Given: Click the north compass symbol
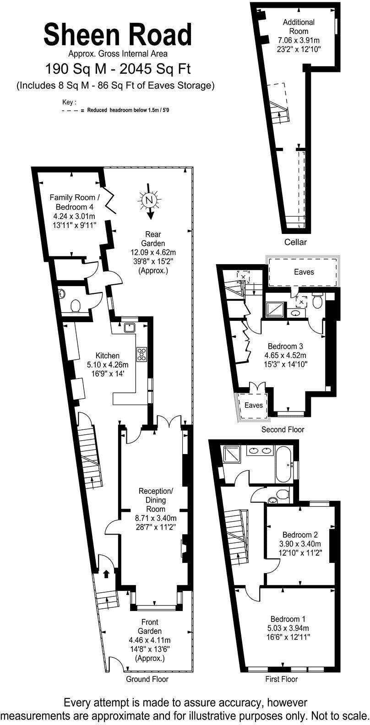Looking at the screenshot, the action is tap(149, 200).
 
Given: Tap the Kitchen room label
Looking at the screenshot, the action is tap(108, 355).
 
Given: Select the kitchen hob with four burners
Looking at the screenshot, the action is tap(142, 354).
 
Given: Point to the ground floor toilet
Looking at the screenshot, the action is tap(76, 305).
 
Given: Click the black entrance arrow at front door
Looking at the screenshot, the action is tap(106, 574).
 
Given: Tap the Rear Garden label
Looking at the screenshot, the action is tap(153, 238).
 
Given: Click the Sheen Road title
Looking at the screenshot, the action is tap(118, 34).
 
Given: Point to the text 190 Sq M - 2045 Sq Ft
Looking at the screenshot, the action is tap(118, 69).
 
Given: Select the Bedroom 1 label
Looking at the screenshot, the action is tap(288, 619).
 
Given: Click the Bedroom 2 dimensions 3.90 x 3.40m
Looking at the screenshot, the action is tap(300, 544).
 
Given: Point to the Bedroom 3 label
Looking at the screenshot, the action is tap(285, 346).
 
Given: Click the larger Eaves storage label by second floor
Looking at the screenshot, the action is tap(304, 272).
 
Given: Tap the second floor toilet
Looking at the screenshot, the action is tap(317, 300).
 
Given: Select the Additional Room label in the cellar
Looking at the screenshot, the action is tap(299, 27).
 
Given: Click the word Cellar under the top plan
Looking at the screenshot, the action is tap(295, 242).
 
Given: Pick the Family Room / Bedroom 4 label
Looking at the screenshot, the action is tap(72, 202).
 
